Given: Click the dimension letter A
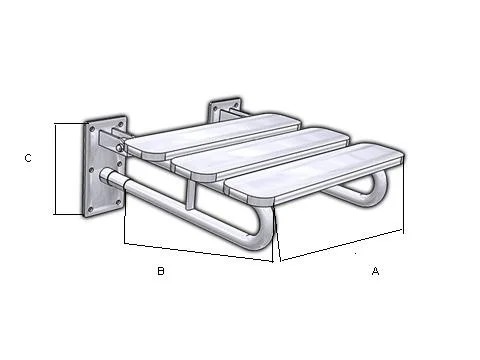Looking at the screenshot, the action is [x=375, y=271].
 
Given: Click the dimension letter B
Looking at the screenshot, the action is [x=161, y=271].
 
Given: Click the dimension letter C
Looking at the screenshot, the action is [x=28, y=158].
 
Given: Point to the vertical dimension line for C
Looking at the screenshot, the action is [x=55, y=169].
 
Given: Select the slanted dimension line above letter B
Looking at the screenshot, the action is [x=199, y=252].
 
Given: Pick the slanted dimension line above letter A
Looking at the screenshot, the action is [x=342, y=245].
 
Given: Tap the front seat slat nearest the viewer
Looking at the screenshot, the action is [x=315, y=174].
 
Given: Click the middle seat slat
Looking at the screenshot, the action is [x=261, y=154].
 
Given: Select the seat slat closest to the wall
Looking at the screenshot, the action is [x=213, y=135].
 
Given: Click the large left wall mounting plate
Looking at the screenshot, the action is [x=105, y=167].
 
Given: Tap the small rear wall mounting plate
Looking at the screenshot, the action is [x=224, y=109].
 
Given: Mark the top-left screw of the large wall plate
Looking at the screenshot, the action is [x=92, y=128].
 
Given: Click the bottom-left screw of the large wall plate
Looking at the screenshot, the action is [x=90, y=209].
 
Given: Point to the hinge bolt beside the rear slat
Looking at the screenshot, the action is [x=119, y=147].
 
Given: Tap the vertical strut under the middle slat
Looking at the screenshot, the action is [x=190, y=195].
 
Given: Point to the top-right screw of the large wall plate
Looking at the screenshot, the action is [x=121, y=124].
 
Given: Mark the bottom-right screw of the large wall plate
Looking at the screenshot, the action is [x=118, y=202].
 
